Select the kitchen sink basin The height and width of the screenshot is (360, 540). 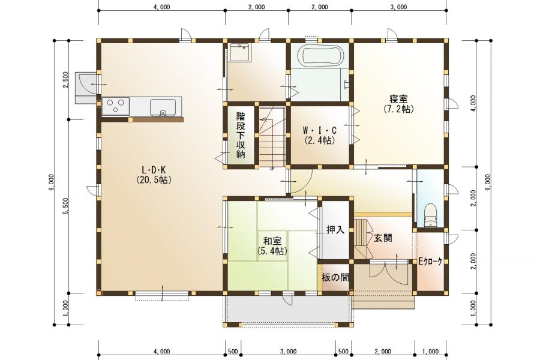163,107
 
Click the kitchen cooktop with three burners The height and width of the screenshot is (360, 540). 115,106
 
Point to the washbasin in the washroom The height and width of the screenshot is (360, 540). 241,54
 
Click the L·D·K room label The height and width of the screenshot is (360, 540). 153,175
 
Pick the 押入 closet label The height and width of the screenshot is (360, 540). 335,229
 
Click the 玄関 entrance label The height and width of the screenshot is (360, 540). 383,238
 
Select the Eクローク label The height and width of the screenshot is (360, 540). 430,262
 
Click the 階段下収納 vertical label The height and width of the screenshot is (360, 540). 241,136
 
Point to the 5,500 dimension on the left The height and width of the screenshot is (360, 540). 65,205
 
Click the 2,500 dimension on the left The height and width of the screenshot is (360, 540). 65,79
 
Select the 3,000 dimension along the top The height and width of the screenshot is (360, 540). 398,7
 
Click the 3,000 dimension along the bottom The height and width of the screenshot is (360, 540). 288,352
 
